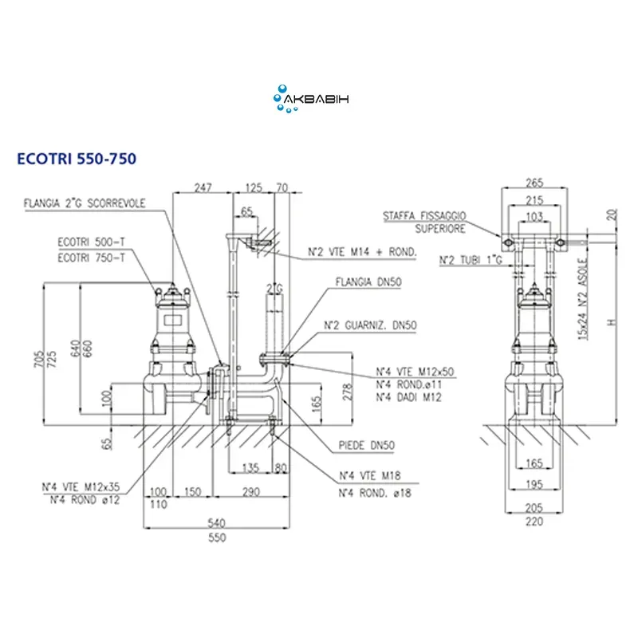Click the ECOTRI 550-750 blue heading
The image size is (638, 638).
pos(77,159)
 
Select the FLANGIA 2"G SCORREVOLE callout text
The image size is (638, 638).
pos(84,203)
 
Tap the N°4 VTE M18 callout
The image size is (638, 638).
pos(368,476)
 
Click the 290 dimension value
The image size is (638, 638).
pos(251,493)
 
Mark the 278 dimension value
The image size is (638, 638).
pos(346,391)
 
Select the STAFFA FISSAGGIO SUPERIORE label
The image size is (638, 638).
pos(424,222)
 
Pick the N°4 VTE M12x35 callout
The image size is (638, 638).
pos(81,489)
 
